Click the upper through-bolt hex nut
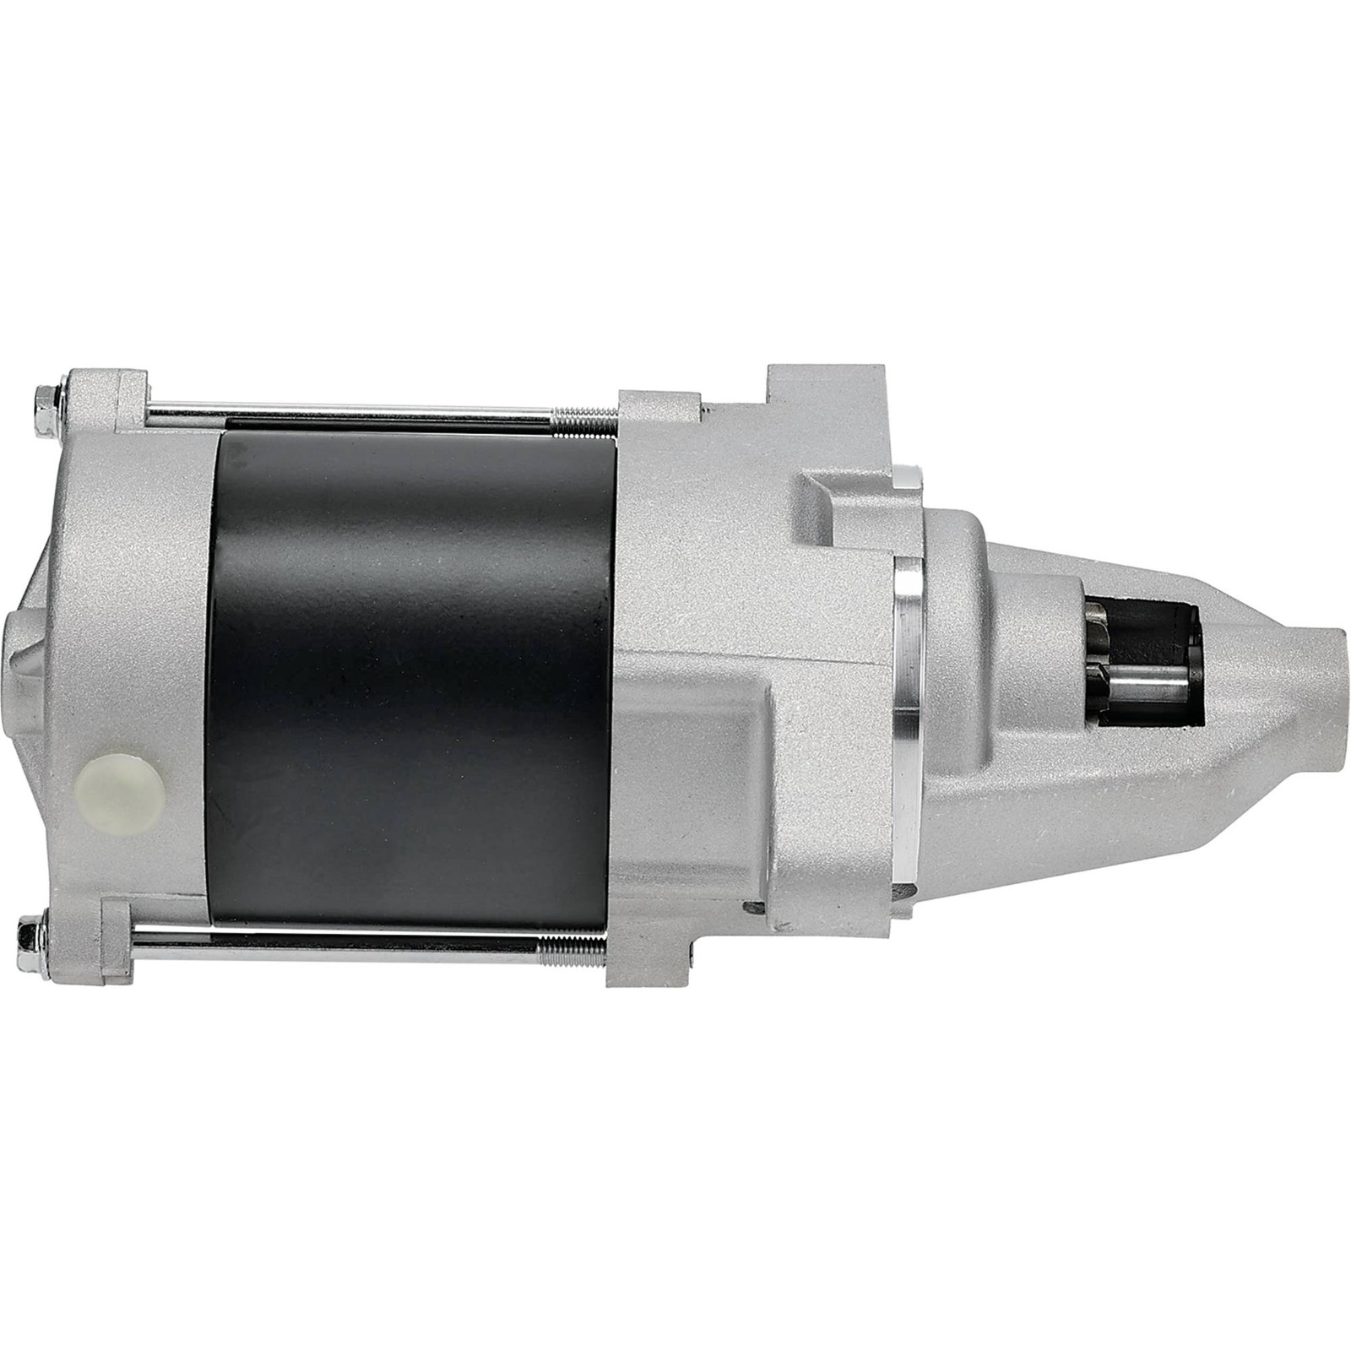coord(43,396)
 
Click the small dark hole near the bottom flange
coord(751,907)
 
